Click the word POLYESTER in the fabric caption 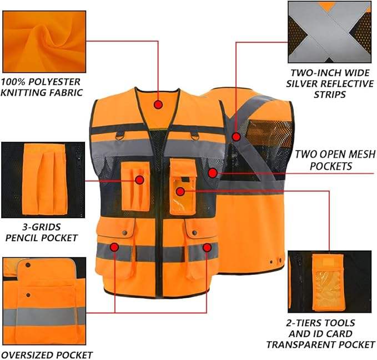[x=54, y=82]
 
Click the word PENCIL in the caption [x=22, y=238]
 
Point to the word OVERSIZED [x=26, y=355]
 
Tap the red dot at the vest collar [x=158, y=104]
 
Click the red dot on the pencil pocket [x=139, y=180]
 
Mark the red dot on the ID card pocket [x=180, y=192]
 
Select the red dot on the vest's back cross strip [x=237, y=137]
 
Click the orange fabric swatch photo [x=44, y=42]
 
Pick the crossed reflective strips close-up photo [x=329, y=32]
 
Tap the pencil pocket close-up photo [x=43, y=180]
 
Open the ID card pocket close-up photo [x=330, y=282]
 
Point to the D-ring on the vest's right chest [x=195, y=136]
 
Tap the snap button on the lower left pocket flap [x=125, y=233]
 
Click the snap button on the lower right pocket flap [x=194, y=233]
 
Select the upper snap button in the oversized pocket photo [x=28, y=265]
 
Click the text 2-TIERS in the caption [x=303, y=323]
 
